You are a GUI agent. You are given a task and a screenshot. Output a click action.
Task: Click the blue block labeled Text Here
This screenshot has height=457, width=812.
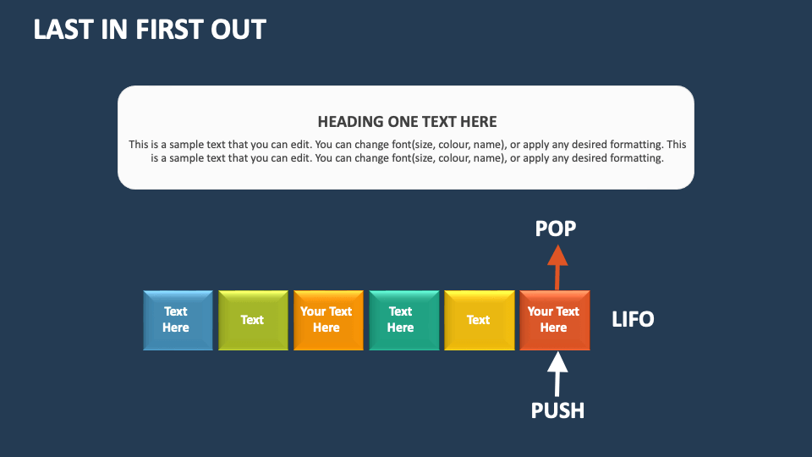point(178,320)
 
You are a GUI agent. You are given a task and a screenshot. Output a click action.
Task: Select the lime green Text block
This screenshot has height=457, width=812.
point(252,320)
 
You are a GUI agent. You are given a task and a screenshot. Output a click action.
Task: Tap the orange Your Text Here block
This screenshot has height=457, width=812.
point(327,320)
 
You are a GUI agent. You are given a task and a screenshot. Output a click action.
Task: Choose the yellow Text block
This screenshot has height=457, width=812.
point(478,320)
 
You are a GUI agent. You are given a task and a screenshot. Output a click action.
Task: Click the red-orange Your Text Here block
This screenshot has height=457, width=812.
point(554,320)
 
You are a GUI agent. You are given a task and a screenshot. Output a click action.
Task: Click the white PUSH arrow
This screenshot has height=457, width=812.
point(557,373)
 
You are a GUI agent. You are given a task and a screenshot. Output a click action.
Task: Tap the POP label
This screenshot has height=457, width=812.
point(556,228)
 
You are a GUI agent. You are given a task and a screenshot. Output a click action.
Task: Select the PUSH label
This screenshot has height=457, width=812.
point(557,410)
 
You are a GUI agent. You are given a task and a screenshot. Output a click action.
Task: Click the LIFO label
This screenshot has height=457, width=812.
point(633,320)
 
